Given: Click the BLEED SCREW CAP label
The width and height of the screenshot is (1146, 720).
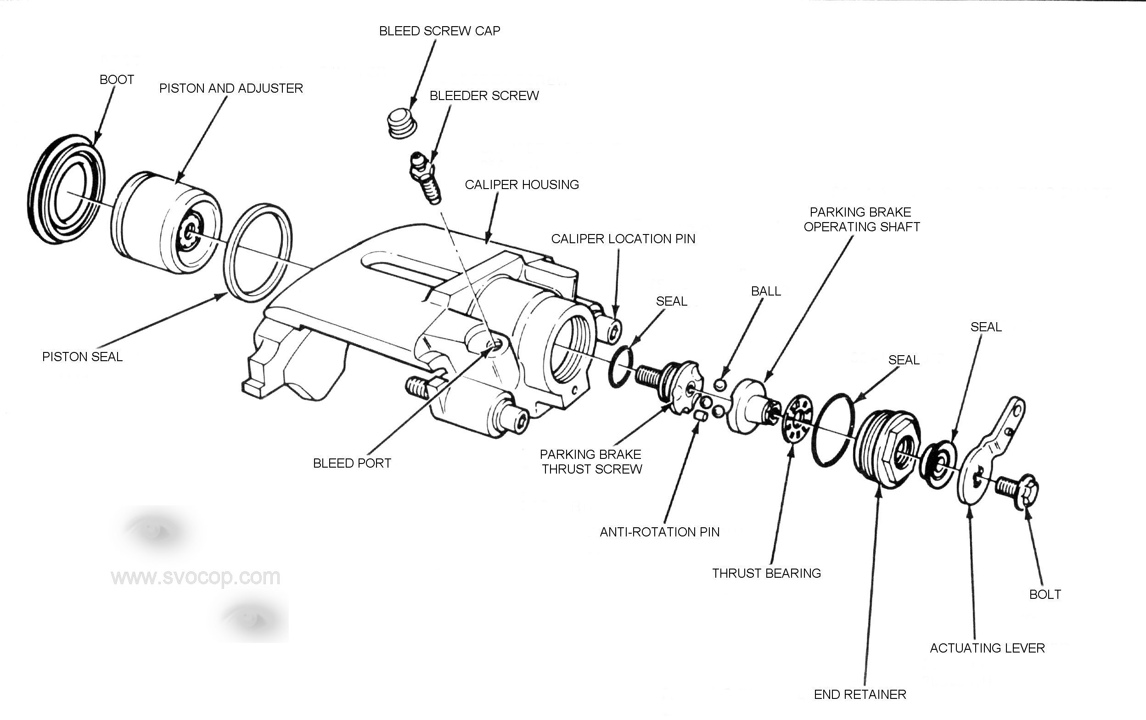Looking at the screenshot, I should tap(439, 31).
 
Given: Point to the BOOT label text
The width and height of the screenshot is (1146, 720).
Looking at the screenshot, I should tap(117, 79).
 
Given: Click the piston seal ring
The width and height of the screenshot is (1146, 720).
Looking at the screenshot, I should tap(258, 252).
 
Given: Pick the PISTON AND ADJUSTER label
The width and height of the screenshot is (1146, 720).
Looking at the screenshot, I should tap(231, 89).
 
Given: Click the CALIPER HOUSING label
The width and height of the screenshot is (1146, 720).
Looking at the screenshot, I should tap(522, 184).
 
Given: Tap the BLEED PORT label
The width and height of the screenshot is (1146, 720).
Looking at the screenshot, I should tap(352, 463).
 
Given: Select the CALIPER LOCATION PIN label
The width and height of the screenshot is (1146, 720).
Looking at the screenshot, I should tap(623, 239).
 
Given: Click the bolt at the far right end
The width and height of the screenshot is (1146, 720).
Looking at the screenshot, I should tap(1018, 490).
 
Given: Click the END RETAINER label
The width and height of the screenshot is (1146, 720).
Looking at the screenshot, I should tap(859, 694).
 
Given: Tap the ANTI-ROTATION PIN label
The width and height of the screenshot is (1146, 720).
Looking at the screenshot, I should tap(659, 532).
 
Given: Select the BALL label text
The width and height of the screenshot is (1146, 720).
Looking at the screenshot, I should tap(766, 291).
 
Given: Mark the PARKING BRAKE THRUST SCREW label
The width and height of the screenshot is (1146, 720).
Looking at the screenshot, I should tap(591, 461).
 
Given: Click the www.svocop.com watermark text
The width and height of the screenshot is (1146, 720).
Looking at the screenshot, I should tap(195, 577).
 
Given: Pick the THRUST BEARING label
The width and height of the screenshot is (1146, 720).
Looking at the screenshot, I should tap(766, 573).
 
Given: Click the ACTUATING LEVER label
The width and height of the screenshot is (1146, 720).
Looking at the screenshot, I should tap(987, 647).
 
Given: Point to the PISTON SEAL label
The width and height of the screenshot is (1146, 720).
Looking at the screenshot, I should tap(82, 357).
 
